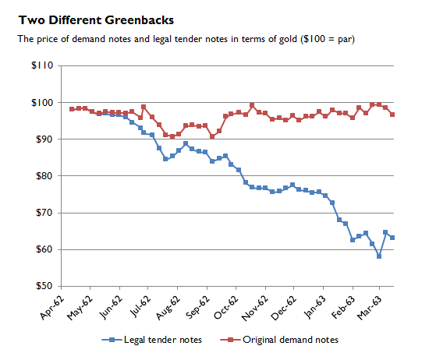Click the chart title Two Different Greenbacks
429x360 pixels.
coord(96,19)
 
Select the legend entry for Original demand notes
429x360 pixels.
coord(285,340)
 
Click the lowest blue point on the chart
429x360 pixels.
coord(378,256)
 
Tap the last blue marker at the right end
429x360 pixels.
coord(392,238)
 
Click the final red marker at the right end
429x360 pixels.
coord(392,115)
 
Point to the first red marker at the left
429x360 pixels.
coord(72,109)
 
